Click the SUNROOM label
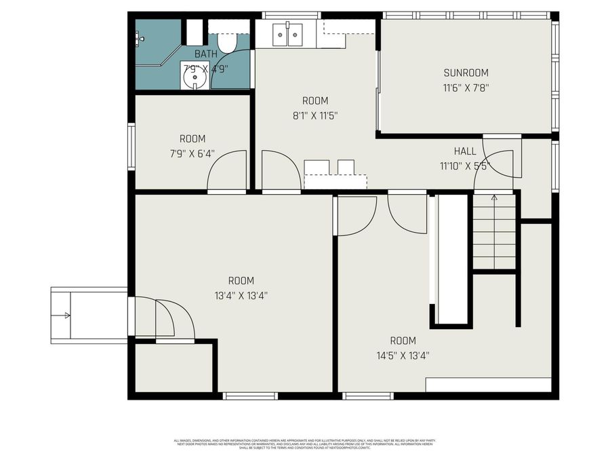(466, 73)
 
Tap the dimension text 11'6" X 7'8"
(466, 87)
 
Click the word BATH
(206, 54)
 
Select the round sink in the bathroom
(195, 77)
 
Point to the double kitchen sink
(288, 34)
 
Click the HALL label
(464, 151)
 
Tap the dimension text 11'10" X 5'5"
(464, 165)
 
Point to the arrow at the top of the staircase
(494, 197)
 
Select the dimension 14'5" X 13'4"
(403, 355)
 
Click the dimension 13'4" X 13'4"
(241, 295)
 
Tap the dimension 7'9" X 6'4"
(192, 153)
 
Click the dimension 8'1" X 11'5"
(315, 115)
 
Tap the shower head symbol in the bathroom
(140, 39)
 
